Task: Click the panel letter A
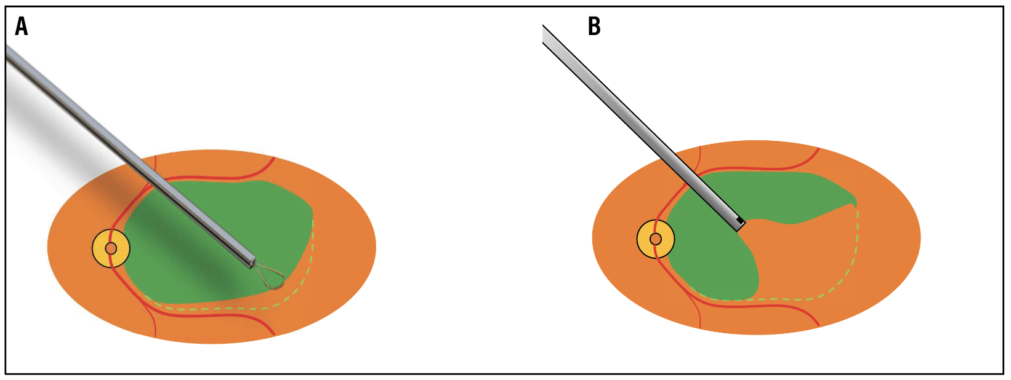tap(22, 27)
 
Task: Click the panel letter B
tap(594, 27)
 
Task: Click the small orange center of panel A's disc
tap(111, 248)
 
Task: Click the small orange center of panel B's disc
tap(656, 239)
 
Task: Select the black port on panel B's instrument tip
tap(740, 220)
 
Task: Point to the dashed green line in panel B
tap(857, 246)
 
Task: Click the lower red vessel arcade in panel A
tap(215, 315)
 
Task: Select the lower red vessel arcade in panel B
tap(757, 306)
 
